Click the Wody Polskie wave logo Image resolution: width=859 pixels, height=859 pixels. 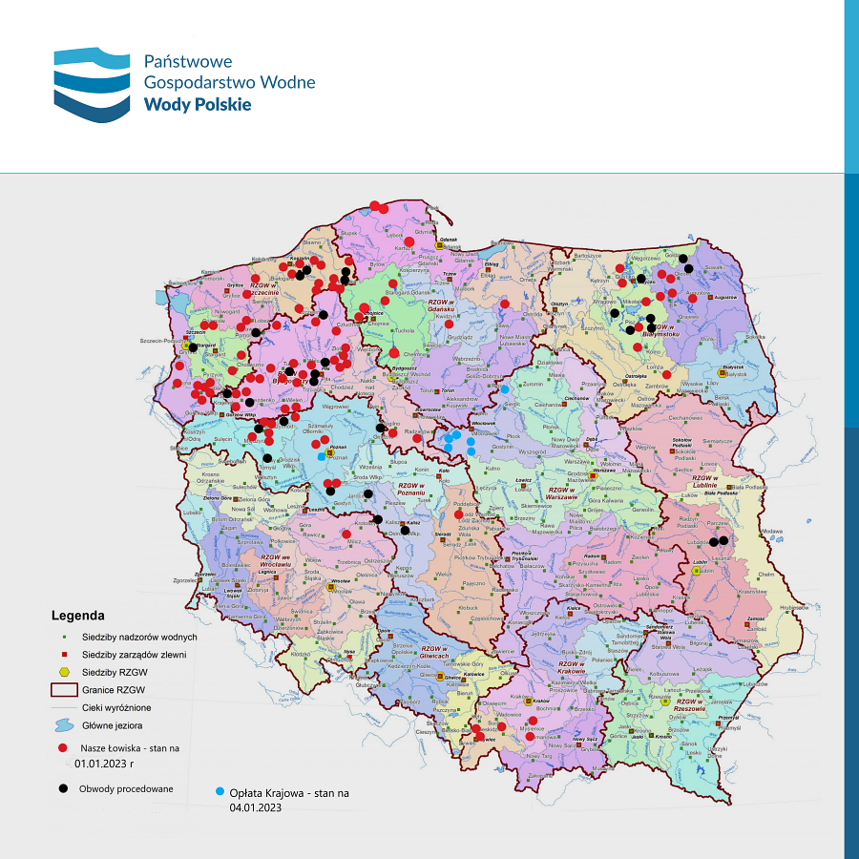[x=92, y=85]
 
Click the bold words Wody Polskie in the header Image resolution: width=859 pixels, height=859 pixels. [x=198, y=104]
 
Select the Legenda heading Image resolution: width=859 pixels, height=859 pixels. [x=77, y=616]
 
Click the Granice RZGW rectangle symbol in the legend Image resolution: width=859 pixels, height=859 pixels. [x=64, y=689]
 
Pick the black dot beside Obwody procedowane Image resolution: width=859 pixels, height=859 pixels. [x=63, y=789]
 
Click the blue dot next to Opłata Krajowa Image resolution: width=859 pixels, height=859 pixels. [x=219, y=792]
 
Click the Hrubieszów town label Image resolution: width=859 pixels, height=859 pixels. [x=795, y=607]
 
